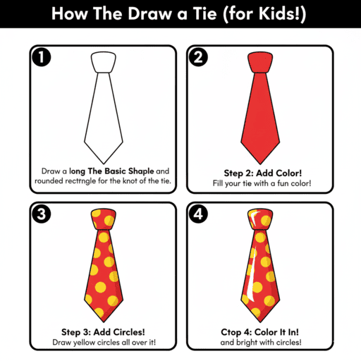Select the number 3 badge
click(x=40, y=212)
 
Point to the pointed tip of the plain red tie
click(x=262, y=161)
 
